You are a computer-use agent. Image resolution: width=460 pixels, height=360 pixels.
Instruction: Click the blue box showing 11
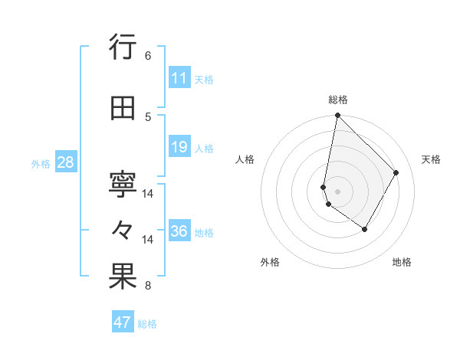179,78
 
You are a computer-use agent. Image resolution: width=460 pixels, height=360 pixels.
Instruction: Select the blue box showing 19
179,147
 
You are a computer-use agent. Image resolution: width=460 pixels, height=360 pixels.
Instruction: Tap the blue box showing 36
179,231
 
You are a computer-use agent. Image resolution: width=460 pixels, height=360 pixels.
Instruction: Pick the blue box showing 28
65,162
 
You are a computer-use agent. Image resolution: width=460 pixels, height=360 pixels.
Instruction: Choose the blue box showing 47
123,322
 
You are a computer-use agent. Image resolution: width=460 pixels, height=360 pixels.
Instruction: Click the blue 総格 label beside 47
148,324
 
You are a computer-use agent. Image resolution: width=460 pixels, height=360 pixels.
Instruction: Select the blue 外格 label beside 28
41,163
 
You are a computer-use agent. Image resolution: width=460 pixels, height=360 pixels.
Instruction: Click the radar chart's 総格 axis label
337,100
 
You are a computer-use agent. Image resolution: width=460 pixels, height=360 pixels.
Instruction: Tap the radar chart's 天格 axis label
431,159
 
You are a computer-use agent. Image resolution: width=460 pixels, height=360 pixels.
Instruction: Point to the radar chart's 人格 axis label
245,159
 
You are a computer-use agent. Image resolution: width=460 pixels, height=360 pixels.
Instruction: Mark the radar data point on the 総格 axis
337,116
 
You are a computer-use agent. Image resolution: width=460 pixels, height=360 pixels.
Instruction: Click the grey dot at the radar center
338,191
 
